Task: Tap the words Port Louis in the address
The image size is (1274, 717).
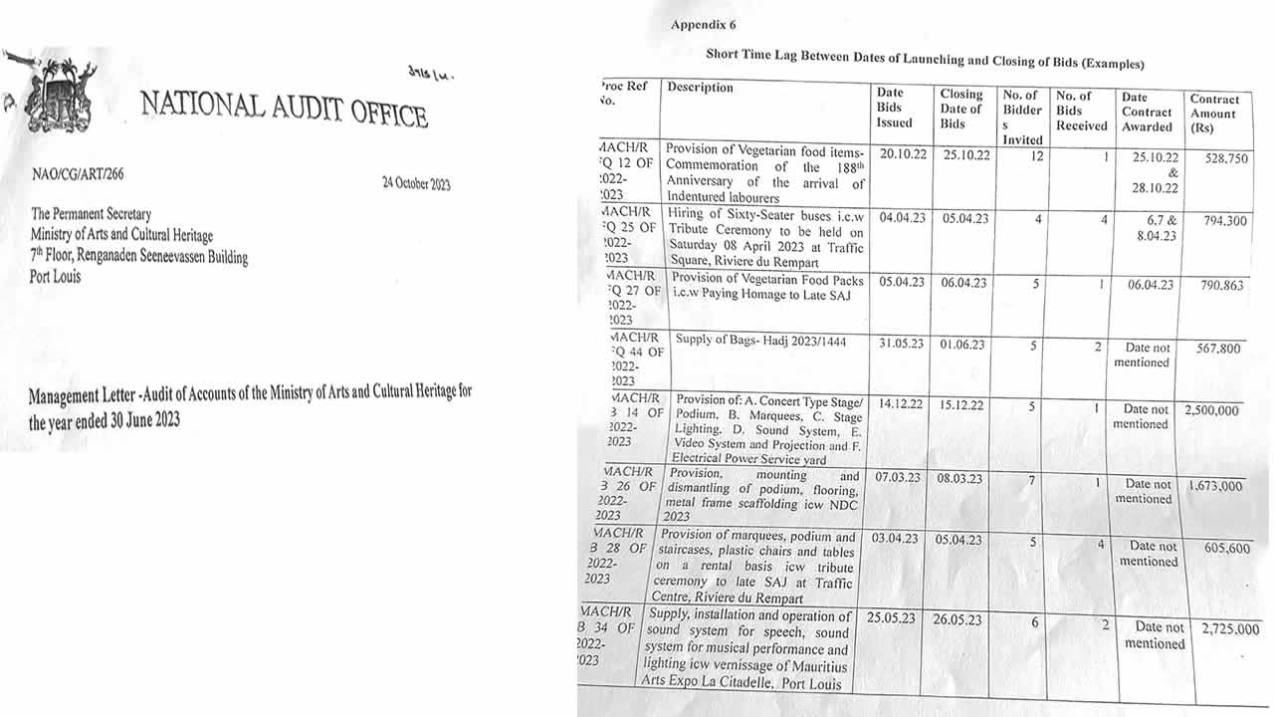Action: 56,276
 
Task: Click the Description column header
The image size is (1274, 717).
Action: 700,88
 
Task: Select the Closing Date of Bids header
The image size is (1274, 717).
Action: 960,109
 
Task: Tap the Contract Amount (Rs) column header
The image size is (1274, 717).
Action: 1214,114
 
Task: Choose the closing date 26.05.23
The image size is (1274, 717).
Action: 956,619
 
